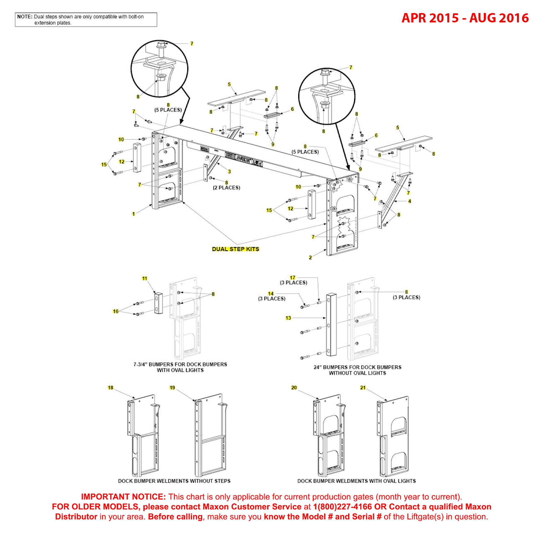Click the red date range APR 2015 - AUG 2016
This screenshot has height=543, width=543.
(x=465, y=18)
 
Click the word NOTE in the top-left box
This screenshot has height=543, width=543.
(x=25, y=17)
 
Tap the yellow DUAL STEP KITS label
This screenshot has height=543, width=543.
(x=235, y=249)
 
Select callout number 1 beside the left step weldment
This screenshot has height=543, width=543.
(x=133, y=214)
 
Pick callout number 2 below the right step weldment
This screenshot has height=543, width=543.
(x=310, y=257)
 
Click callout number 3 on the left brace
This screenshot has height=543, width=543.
(x=229, y=171)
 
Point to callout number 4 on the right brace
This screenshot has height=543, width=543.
(x=409, y=201)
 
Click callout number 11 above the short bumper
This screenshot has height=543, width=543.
(x=144, y=278)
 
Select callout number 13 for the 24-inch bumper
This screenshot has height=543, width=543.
(x=288, y=318)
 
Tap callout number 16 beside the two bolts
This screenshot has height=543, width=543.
(x=116, y=311)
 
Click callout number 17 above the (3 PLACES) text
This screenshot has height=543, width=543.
(x=292, y=278)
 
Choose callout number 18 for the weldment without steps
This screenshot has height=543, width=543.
(x=110, y=387)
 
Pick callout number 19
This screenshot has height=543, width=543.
(x=172, y=387)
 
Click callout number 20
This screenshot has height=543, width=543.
(x=294, y=387)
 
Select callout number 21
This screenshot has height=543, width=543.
(x=363, y=387)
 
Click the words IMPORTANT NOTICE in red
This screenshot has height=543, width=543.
(x=123, y=497)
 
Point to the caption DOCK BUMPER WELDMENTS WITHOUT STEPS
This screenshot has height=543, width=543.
(x=174, y=481)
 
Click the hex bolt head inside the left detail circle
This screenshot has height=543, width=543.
(x=161, y=45)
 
